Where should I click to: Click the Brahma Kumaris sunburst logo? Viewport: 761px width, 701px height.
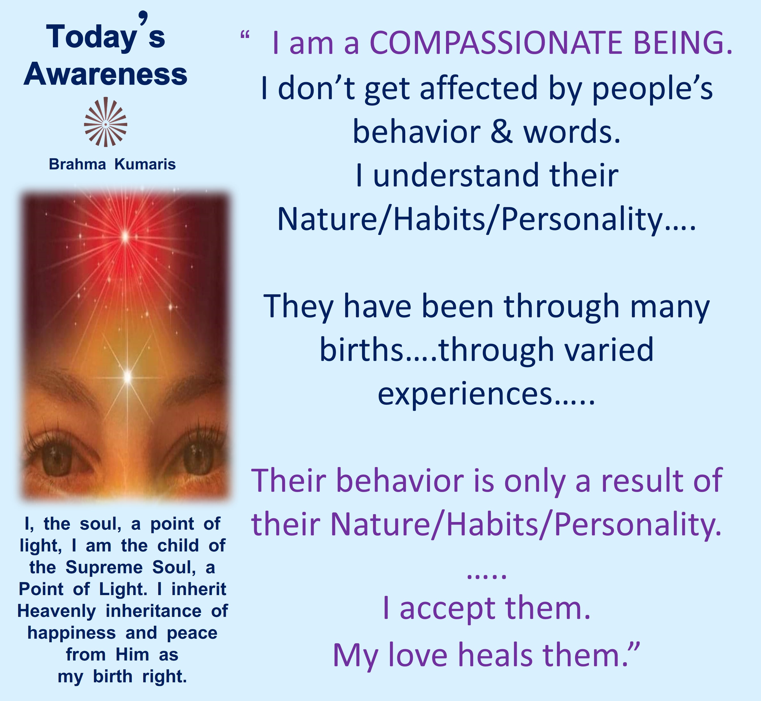pyautogui.click(x=105, y=122)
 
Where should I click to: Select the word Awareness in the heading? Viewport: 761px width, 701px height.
pyautogui.click(x=105, y=74)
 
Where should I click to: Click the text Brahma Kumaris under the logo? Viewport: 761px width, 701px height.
pyautogui.click(x=112, y=164)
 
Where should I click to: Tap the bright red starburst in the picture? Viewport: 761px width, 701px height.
pyautogui.click(x=125, y=237)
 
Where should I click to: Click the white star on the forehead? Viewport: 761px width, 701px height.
pyautogui.click(x=128, y=377)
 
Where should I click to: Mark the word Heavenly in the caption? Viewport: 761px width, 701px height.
pyautogui.click(x=57, y=611)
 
